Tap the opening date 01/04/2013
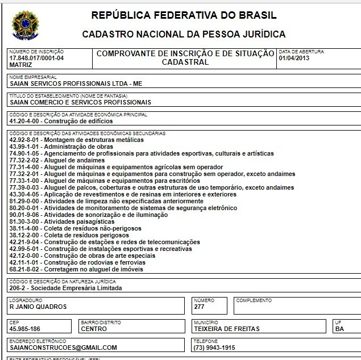coord(294,58)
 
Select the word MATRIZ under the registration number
coord(20,65)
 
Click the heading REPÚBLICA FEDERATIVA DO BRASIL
coord(184,15)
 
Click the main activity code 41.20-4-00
coord(26,121)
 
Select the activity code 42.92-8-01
coord(26,140)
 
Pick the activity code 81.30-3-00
coord(26,221)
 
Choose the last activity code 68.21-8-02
coord(26,269)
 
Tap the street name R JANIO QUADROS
coord(39,307)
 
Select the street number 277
coord(200,307)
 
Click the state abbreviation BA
coord(339,328)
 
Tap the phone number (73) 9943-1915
coord(215,347)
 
